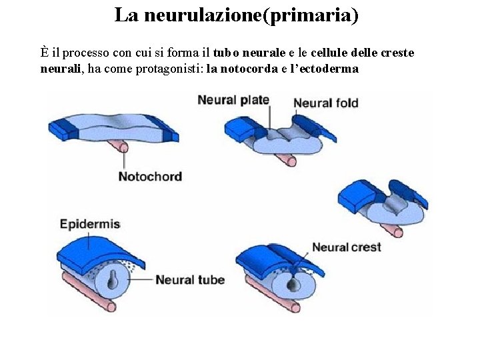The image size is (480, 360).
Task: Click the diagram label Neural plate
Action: (233, 100)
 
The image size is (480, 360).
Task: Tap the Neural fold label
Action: (326, 103)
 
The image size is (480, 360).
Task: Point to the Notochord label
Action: (150, 177)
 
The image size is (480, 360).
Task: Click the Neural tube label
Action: (190, 280)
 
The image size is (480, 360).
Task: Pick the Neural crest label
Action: (347, 247)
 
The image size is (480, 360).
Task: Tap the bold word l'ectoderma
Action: (323, 68)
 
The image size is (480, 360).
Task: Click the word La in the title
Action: (124, 15)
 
